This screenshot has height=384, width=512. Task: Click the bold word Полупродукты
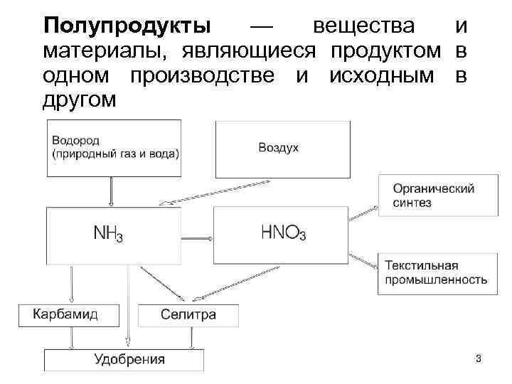click(x=127, y=26)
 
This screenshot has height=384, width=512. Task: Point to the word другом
click(x=78, y=100)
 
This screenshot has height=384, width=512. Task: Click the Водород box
click(x=114, y=149)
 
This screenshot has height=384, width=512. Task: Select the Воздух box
click(x=282, y=149)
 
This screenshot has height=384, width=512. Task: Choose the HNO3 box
click(x=282, y=234)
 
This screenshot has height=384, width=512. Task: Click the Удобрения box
click(x=124, y=360)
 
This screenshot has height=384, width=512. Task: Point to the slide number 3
click(x=478, y=359)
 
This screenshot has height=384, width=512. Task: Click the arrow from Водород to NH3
click(x=111, y=192)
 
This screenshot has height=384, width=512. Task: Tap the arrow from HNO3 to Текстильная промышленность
click(x=365, y=257)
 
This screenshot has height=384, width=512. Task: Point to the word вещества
click(x=363, y=26)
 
